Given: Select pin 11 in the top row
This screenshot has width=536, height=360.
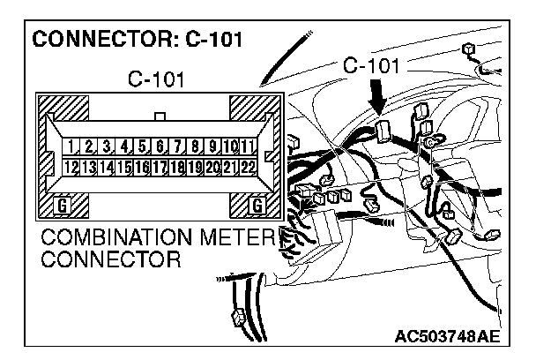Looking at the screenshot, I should click(249, 146).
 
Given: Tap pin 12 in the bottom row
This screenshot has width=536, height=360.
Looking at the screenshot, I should click(71, 165).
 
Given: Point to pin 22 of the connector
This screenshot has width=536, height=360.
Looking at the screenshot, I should click(249, 165).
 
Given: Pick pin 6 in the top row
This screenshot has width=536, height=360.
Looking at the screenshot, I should click(160, 146).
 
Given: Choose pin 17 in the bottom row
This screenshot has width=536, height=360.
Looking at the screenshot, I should click(160, 165).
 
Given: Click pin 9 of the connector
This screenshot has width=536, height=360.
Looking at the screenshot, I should click(213, 146).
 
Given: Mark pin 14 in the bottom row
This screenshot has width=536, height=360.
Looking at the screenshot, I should click(107, 165).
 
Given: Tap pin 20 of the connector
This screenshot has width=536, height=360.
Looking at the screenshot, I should click(213, 165).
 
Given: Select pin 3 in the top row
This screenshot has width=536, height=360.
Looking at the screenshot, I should click(107, 146).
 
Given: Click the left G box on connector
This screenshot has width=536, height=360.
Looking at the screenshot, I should click(62, 206).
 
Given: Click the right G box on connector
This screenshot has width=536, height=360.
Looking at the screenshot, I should click(257, 206).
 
